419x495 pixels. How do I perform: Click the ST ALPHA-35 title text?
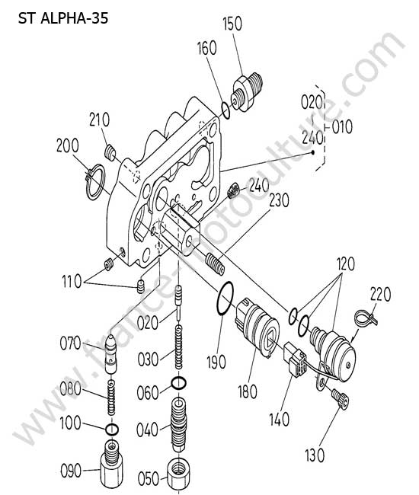63,18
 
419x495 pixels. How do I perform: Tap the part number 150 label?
232,24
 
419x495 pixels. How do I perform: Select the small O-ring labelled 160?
225,111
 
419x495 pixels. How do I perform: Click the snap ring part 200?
94,182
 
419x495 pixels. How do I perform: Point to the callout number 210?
100,120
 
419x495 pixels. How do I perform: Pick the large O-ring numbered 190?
225,299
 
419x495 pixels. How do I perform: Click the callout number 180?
248,391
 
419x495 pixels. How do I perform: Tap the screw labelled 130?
340,399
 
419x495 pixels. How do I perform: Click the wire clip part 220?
366,318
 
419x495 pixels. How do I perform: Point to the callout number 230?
279,200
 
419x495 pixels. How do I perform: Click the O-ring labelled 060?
179,383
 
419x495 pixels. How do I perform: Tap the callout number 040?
147,430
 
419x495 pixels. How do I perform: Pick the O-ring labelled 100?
112,429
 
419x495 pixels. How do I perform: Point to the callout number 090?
71,471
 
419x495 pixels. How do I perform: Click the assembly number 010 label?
342,127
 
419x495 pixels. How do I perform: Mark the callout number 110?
72,281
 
